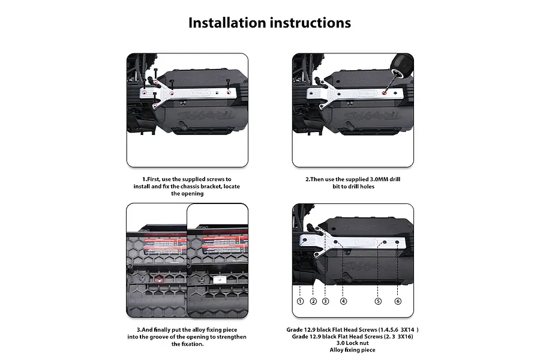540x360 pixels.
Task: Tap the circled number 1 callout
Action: [300, 301]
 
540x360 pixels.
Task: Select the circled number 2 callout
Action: [313, 301]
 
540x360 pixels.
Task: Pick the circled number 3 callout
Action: [326, 301]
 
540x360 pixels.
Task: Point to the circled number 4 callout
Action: [343, 301]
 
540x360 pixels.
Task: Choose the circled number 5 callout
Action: [378, 301]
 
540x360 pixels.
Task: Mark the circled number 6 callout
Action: [398, 301]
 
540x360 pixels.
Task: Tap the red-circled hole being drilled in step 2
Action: [385, 94]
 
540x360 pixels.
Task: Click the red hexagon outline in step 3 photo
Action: [158, 279]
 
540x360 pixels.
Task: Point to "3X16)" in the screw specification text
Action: [404, 337]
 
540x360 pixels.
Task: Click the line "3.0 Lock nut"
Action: [353, 343]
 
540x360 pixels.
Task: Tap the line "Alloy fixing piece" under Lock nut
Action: [353, 350]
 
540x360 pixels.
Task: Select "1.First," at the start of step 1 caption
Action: [154, 179]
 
